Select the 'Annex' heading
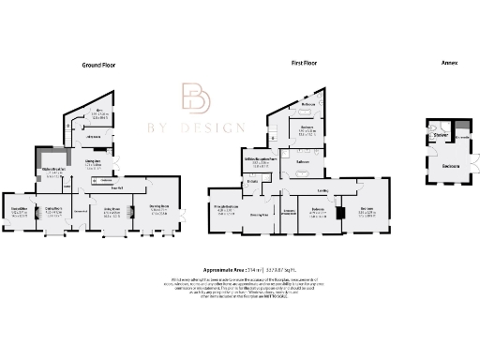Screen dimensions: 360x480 (x=449, y=64)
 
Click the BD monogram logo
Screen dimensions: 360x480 (x=197, y=101)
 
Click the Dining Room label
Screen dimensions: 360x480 (x=53, y=209)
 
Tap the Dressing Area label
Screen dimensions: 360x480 (x=260, y=214)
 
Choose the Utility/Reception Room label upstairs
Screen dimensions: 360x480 (x=260, y=159)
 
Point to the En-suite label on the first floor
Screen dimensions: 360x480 (x=251, y=181)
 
